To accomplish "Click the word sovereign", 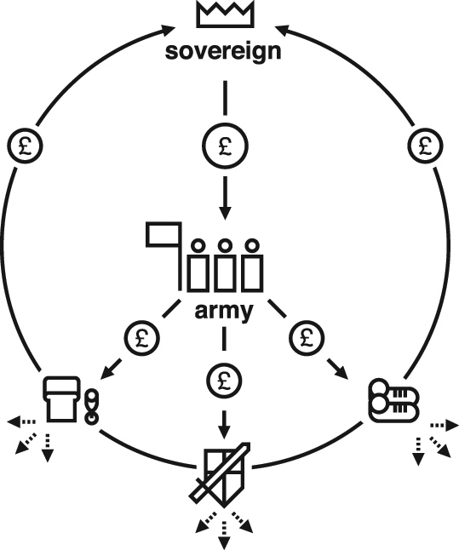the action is pyautogui.click(x=223, y=52).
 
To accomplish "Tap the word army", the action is pyautogui.click(x=223, y=311).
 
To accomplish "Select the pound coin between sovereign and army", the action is pyautogui.click(x=225, y=146).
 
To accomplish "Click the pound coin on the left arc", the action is pyautogui.click(x=25, y=146).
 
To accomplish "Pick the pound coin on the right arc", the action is pyautogui.click(x=425, y=146).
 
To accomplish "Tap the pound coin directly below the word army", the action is pyautogui.click(x=224, y=381).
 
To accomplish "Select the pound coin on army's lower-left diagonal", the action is pyautogui.click(x=141, y=338).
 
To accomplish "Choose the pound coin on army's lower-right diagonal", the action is pyautogui.click(x=307, y=338).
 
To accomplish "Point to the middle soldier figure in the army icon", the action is pyautogui.click(x=225, y=266).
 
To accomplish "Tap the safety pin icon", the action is pyautogui.click(x=92, y=407).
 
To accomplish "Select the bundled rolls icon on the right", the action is pyautogui.click(x=393, y=400).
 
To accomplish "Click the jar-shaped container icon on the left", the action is pyautogui.click(x=61, y=398).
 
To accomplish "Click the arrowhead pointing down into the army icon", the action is pyautogui.click(x=225, y=213).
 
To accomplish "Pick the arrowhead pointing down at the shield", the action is pyautogui.click(x=224, y=432).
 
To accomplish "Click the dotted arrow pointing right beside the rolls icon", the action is pyautogui.click(x=445, y=426).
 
